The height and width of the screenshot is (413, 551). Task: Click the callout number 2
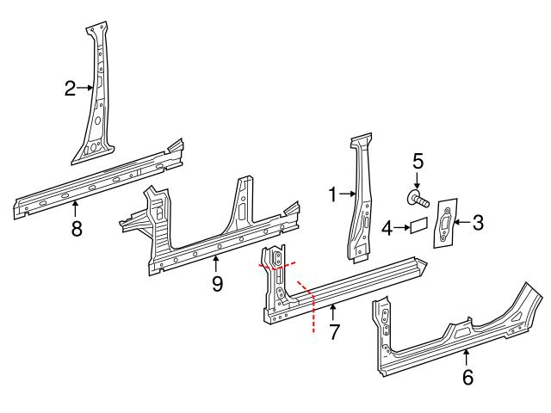(71, 87)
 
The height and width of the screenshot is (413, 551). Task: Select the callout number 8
(76, 229)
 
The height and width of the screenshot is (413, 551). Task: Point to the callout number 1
(333, 195)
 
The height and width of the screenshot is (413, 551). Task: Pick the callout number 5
(418, 160)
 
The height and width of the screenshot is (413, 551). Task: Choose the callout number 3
(478, 223)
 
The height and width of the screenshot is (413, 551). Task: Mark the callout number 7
(333, 330)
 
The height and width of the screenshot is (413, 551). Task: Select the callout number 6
(467, 376)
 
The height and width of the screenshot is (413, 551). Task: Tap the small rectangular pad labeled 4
(417, 227)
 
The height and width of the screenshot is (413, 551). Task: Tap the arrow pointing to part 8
(76, 208)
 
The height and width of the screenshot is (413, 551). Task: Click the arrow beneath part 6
(467, 355)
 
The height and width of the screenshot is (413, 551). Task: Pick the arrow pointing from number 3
(461, 223)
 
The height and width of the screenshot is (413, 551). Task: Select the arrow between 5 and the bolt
(418, 181)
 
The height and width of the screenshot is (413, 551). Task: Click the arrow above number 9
(216, 262)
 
